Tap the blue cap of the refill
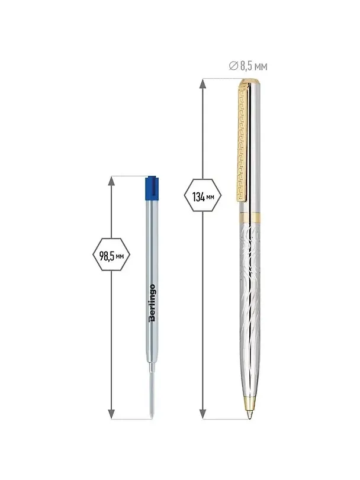[x=152, y=188]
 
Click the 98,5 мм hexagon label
[x=111, y=255]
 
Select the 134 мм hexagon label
[x=203, y=196]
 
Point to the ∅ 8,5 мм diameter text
[x=248, y=66]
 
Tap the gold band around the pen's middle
[x=250, y=217]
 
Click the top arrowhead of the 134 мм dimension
[x=203, y=84]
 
